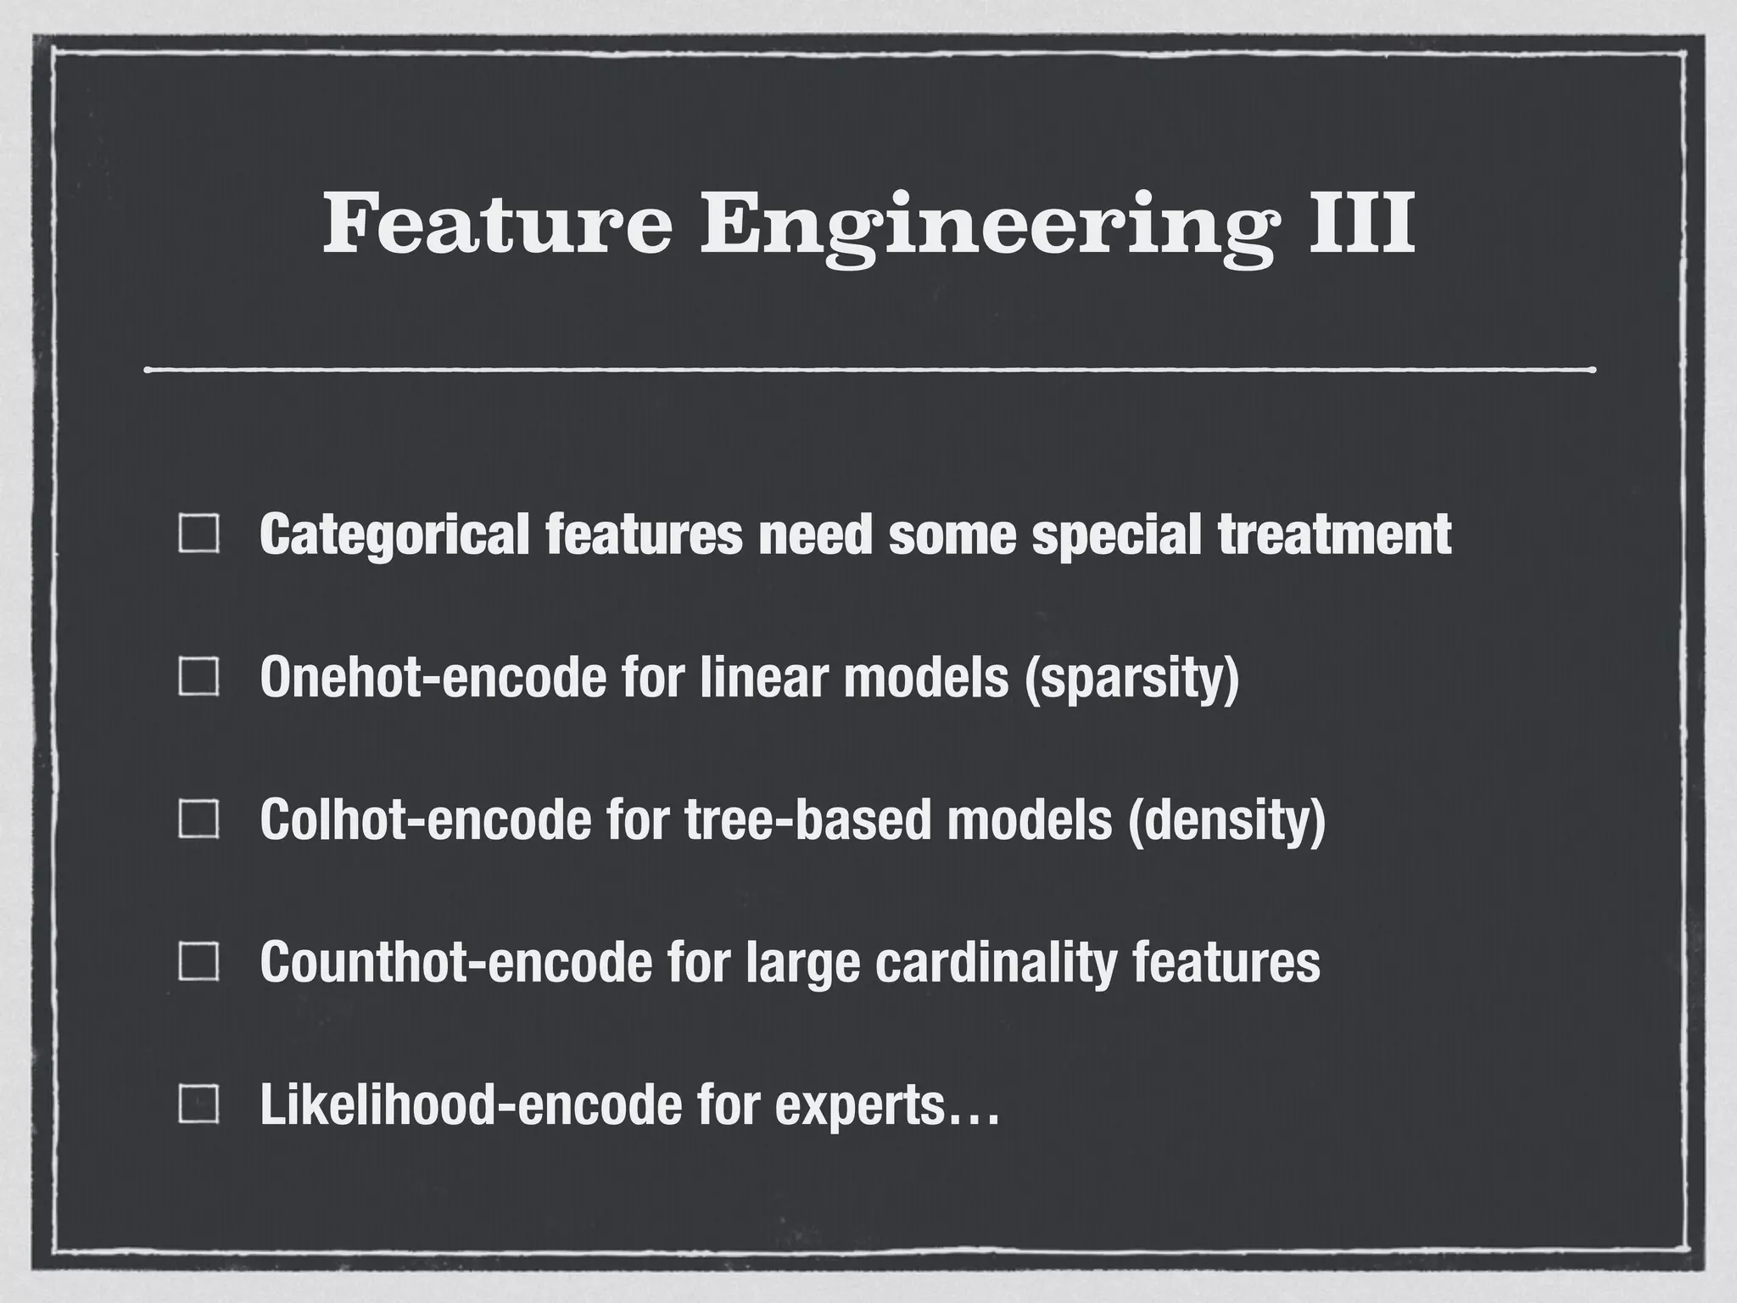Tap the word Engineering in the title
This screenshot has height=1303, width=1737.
click(986, 223)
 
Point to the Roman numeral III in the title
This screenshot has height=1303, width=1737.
click(1360, 223)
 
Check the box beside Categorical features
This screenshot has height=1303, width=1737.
click(199, 534)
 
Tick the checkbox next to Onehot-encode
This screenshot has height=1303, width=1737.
click(199, 677)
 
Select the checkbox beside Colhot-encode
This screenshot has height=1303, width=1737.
click(199, 819)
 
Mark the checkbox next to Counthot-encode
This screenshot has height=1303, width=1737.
click(199, 962)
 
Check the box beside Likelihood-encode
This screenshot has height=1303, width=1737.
click(199, 1104)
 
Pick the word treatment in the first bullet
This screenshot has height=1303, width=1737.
click(1334, 534)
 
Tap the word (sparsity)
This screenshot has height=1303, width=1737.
click(1132, 677)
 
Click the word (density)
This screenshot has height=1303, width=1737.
click(1226, 819)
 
